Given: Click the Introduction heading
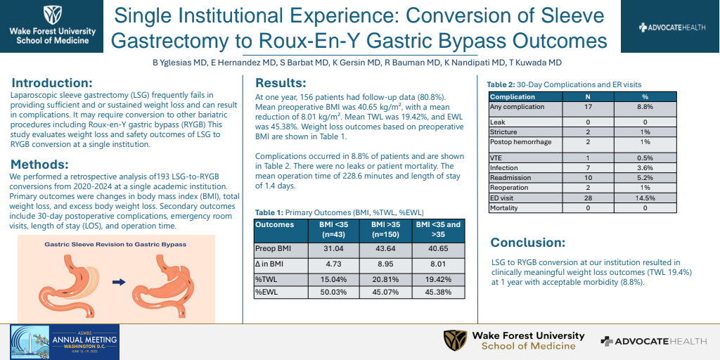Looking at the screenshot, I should pos(52,82).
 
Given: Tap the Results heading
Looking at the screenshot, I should pos(281,82).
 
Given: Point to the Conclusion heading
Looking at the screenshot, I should pos(527,243).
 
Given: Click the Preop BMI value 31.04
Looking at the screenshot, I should pos(333,249).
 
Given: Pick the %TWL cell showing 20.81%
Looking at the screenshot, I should pos(385,278).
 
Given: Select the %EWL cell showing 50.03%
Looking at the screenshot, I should pos(333,292).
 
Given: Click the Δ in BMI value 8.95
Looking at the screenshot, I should pos(385,265).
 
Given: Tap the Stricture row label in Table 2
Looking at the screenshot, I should pos(503,132).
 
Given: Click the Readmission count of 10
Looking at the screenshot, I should pos(588,178).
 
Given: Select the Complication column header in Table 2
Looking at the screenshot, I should pos(513,97).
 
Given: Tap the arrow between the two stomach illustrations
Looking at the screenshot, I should pos(117,281).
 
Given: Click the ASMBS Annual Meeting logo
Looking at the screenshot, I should pos(65,342).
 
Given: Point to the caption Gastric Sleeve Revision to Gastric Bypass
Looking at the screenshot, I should pos(115,244).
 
